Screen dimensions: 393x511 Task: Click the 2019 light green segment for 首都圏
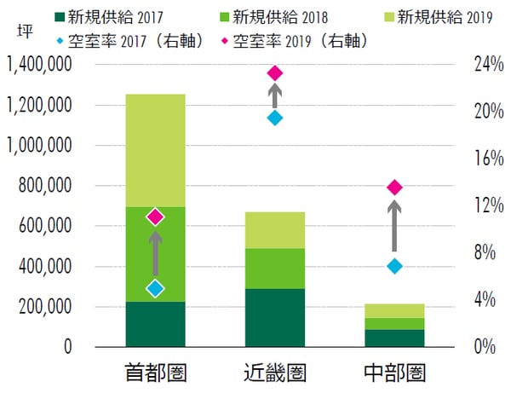[x=155, y=150]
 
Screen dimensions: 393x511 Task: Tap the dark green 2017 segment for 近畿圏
[x=274, y=317]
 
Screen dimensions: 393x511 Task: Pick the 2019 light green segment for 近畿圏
[x=274, y=230]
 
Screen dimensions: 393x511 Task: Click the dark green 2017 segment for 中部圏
[x=393, y=338]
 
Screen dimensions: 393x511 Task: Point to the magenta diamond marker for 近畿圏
[x=274, y=73]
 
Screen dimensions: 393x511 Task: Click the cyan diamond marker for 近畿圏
[x=274, y=118]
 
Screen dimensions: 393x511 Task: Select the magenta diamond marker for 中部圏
[x=393, y=188]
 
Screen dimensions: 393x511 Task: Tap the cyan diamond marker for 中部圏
[x=393, y=266]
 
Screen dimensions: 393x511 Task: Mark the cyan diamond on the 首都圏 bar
[x=155, y=288]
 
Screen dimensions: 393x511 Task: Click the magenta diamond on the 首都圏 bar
[x=155, y=217]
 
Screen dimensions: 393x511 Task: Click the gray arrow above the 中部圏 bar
[x=393, y=226]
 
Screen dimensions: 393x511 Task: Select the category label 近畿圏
[x=274, y=373]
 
